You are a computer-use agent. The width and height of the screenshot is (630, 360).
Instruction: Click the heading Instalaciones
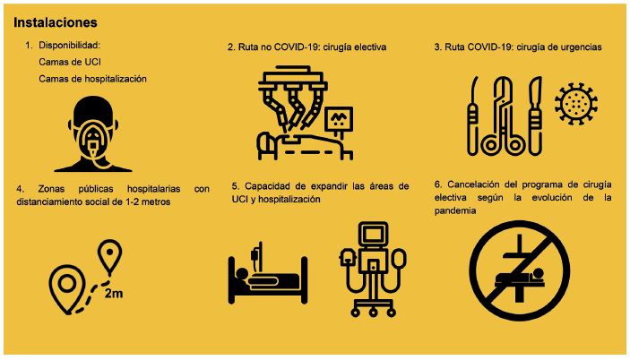pos(56,22)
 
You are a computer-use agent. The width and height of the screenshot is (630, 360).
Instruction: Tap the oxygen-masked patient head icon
pos(93,134)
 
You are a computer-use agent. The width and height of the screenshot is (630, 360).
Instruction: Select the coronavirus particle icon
pos(575,104)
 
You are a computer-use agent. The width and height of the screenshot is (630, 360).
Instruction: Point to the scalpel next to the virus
pos(536,116)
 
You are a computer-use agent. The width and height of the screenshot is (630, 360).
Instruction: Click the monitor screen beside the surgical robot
pos(339,119)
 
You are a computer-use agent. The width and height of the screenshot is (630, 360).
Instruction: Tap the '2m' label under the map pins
pos(114,294)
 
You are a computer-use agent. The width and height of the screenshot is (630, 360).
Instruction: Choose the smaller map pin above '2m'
pos(109,257)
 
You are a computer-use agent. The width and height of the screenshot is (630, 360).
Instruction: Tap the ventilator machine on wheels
pos(373,270)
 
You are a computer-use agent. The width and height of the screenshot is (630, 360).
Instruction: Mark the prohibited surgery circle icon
pos(519,270)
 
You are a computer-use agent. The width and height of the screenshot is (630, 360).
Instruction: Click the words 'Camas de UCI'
pos(70,62)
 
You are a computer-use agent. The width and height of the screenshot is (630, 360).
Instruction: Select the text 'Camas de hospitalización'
pos(92,79)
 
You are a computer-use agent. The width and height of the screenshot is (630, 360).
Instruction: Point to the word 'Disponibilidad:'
pos(69,45)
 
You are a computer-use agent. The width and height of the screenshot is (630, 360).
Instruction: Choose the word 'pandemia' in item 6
pos(455,210)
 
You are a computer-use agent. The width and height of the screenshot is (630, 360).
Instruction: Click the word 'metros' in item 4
pos(156,201)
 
